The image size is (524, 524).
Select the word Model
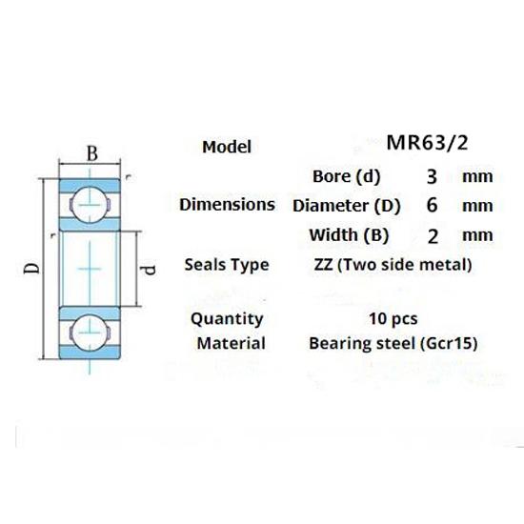tap(227, 147)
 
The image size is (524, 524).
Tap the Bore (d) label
tap(346, 176)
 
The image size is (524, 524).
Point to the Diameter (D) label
tap(347, 205)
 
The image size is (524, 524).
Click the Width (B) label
tap(349, 234)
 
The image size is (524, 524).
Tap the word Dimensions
tap(228, 205)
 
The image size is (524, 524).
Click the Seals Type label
tap(228, 264)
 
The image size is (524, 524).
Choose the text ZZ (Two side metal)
tap(392, 264)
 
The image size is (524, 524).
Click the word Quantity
tap(227, 318)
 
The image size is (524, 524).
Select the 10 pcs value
tap(392, 318)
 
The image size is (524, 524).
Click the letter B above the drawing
tap(92, 153)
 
